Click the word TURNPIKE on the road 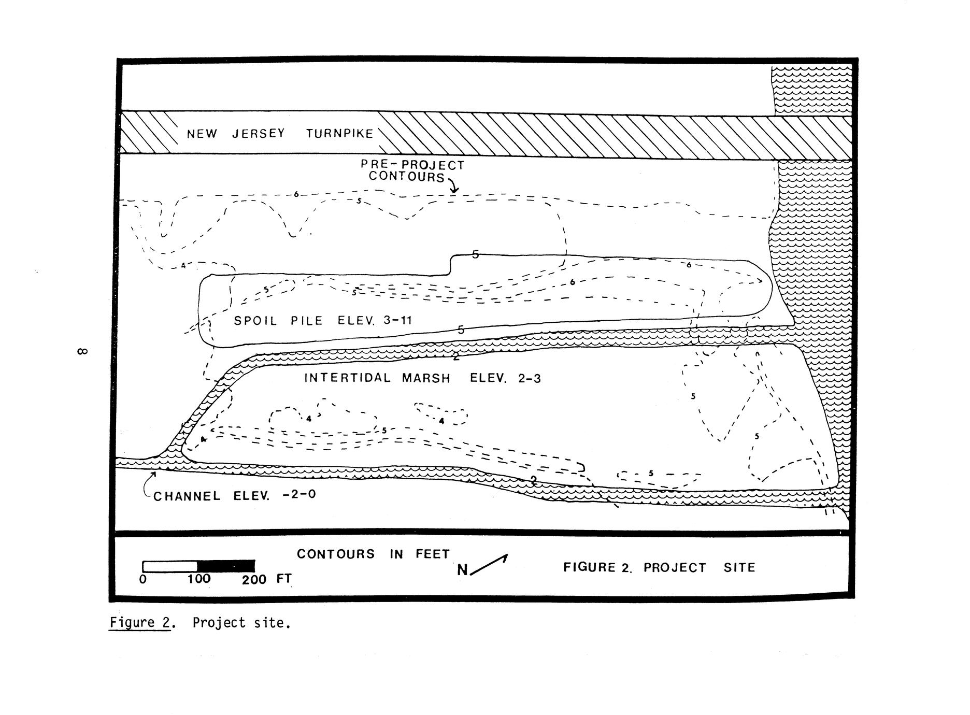pyautogui.click(x=339, y=134)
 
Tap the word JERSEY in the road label pyautogui.click(x=258, y=134)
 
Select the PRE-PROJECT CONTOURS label pyautogui.click(x=412, y=171)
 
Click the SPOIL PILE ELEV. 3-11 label pyautogui.click(x=323, y=320)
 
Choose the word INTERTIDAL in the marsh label pyautogui.click(x=347, y=378)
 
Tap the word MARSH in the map pyautogui.click(x=426, y=378)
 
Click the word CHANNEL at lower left pyautogui.click(x=187, y=496)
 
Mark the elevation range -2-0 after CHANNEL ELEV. pyautogui.click(x=299, y=495)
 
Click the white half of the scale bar pyautogui.click(x=170, y=566)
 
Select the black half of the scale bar pyautogui.click(x=226, y=566)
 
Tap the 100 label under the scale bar pyautogui.click(x=199, y=579)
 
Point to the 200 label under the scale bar pyautogui.click(x=254, y=579)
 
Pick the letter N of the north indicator pyautogui.click(x=462, y=570)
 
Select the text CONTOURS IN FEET pyautogui.click(x=373, y=554)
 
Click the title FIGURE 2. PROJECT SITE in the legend pyautogui.click(x=659, y=567)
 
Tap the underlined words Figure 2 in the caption pyautogui.click(x=140, y=622)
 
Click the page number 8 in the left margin pyautogui.click(x=82, y=352)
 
